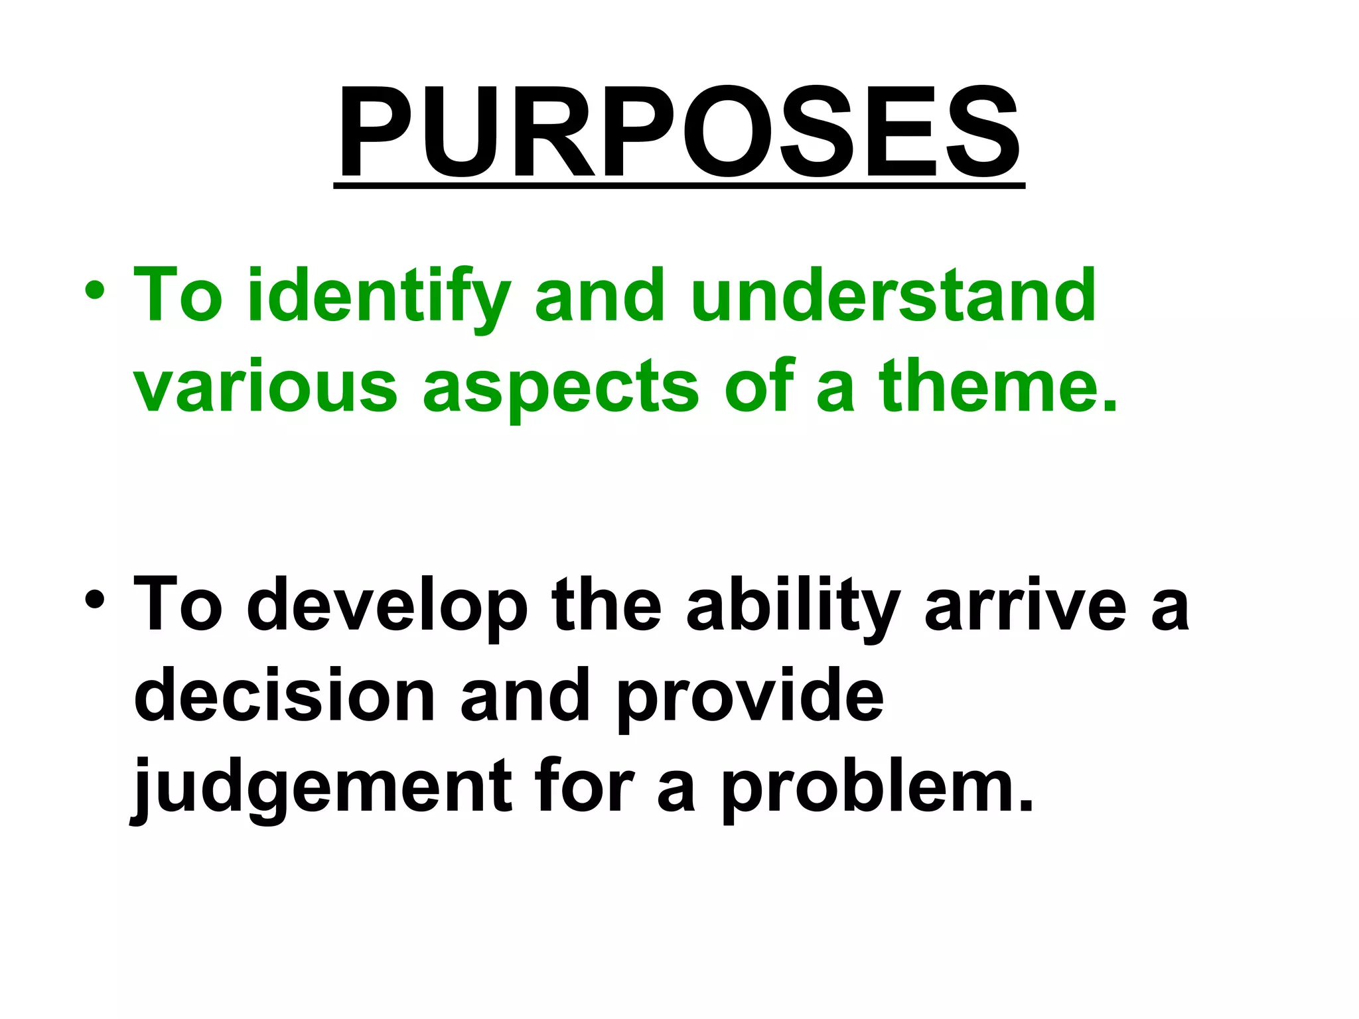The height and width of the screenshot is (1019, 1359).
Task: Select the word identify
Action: point(378,297)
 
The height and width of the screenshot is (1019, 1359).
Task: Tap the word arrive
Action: point(1025,604)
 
